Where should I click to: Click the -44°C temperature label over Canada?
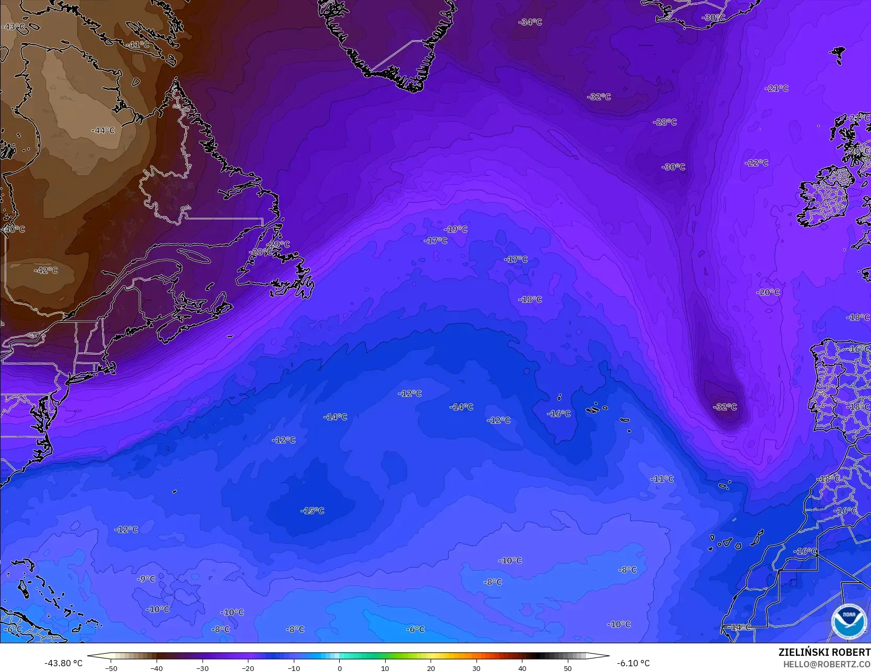(103, 130)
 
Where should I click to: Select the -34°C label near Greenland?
(530, 22)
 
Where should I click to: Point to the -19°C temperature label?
(456, 229)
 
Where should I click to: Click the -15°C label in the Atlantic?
(313, 511)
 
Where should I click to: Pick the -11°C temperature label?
(662, 479)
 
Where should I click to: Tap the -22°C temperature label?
(756, 163)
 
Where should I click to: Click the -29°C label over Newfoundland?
(278, 244)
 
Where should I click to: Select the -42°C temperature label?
(46, 270)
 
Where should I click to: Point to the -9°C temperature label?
(146, 579)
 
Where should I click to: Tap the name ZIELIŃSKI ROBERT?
(824, 652)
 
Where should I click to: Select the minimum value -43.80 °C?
(64, 663)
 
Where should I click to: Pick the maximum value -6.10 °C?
(633, 663)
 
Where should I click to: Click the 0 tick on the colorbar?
(339, 668)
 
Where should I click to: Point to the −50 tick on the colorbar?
(111, 668)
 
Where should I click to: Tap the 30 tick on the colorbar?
(476, 668)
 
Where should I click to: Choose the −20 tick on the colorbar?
(248, 668)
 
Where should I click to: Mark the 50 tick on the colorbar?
(568, 668)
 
